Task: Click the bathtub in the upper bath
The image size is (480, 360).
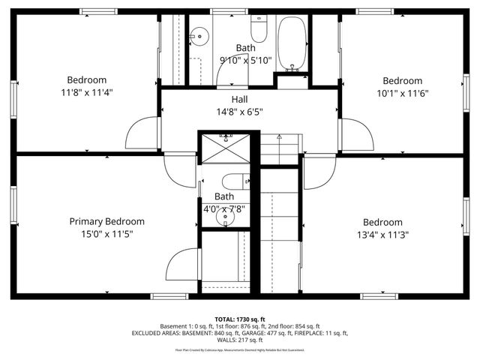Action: tap(292, 43)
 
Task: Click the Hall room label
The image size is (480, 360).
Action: tap(239, 99)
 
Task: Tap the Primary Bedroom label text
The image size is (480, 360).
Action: tap(106, 221)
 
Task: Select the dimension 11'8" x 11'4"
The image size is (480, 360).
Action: tap(87, 93)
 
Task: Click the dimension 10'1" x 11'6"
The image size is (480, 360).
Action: tap(402, 94)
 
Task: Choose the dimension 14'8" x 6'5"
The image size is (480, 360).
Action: tap(239, 112)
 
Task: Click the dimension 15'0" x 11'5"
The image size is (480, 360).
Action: tap(106, 234)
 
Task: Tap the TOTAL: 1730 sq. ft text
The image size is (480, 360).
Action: tap(240, 319)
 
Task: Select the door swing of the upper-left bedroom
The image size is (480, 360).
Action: tap(142, 135)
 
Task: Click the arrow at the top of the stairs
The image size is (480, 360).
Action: tap(279, 138)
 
